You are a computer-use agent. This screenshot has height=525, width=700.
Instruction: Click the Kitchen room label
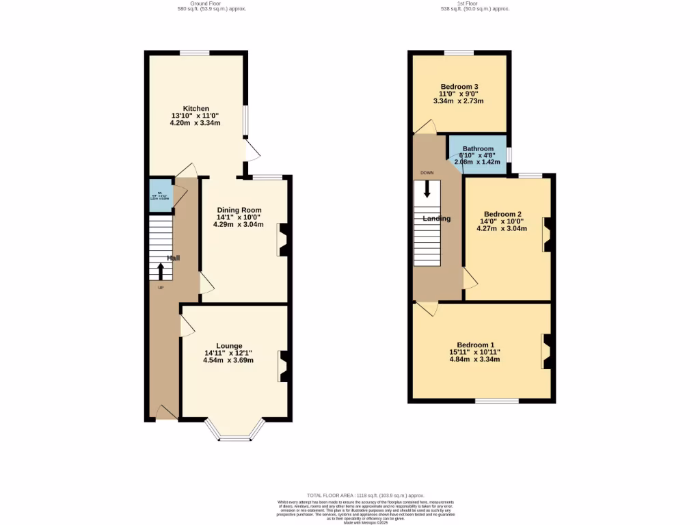195,109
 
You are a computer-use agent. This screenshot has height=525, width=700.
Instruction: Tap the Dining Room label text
239,210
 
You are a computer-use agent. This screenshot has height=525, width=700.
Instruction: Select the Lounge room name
228,346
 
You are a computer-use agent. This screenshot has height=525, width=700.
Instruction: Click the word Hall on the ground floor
174,258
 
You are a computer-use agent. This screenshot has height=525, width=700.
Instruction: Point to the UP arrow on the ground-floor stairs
161,271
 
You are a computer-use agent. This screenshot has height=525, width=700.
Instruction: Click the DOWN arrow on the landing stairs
427,189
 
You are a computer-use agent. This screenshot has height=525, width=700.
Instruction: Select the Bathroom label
478,149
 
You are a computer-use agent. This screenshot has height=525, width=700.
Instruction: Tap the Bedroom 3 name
458,87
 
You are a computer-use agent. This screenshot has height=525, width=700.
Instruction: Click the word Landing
436,219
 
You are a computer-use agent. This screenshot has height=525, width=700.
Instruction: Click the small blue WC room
161,193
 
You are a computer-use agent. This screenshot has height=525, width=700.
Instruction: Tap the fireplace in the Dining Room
283,240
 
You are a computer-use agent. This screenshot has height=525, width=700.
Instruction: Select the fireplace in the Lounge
283,366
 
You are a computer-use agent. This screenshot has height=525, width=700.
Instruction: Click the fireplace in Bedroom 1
548,351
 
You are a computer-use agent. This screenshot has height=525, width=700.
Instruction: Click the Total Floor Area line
366,496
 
